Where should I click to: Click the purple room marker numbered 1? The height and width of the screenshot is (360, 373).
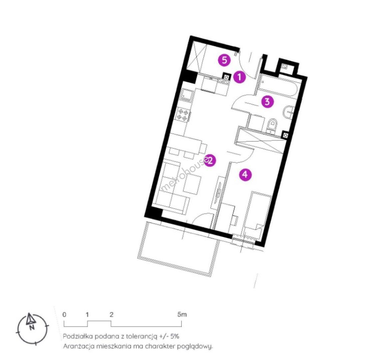tap(239, 77)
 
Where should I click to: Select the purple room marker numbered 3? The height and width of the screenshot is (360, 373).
tap(267, 102)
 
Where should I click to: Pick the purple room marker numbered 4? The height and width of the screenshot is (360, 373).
tap(245, 175)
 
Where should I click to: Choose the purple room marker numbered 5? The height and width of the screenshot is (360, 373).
tap(225, 60)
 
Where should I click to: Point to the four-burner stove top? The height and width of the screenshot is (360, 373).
tap(184, 114)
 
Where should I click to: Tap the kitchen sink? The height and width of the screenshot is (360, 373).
tap(187, 95)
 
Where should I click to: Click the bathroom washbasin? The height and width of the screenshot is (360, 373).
tap(289, 113)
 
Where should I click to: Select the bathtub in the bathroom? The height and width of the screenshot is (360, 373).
tap(278, 87)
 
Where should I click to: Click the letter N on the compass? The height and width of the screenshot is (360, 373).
tap(32, 327)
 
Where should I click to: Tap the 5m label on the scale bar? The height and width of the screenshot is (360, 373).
tap(182, 314)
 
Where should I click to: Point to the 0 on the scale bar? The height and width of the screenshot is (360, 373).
tap(64, 314)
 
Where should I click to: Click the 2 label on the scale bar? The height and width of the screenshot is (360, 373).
tap(111, 314)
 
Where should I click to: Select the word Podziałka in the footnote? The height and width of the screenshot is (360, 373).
tap(78, 336)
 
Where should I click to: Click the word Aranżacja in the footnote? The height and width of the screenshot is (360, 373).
tap(78, 346)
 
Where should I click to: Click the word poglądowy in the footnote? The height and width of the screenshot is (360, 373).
tap(195, 347)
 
